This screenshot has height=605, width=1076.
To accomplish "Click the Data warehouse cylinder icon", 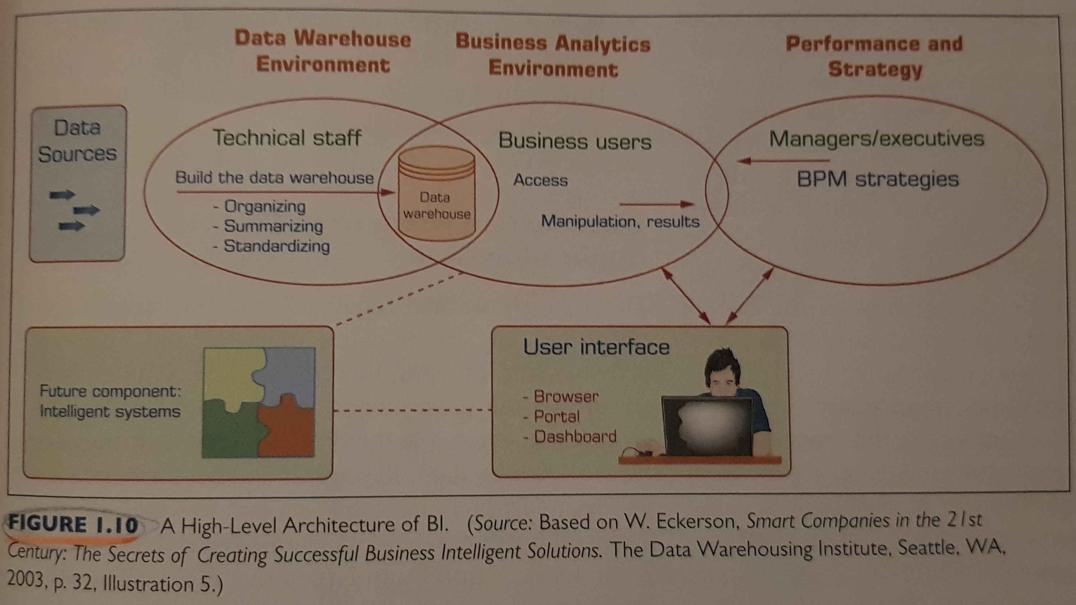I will click(437, 194).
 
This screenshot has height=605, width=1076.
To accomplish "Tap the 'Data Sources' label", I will click(77, 140).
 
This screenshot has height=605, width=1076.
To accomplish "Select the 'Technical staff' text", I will click(287, 138).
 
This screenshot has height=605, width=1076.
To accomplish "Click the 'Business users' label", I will click(575, 141).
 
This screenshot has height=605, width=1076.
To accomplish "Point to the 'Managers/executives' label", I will click(876, 139).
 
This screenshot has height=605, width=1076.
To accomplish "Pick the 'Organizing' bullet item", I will click(265, 206).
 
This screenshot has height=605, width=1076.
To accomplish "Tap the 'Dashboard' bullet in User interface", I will click(575, 437).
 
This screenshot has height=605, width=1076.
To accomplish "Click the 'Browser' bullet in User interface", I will click(566, 396).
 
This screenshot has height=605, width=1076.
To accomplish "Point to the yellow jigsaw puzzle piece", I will click(230, 375).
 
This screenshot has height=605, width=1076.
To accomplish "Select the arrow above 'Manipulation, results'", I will click(657, 204).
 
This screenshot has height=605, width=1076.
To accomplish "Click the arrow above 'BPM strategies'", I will click(783, 161).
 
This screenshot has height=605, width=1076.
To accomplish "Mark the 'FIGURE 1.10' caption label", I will click(73, 525).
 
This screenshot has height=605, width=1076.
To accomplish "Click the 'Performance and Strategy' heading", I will click(874, 56).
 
